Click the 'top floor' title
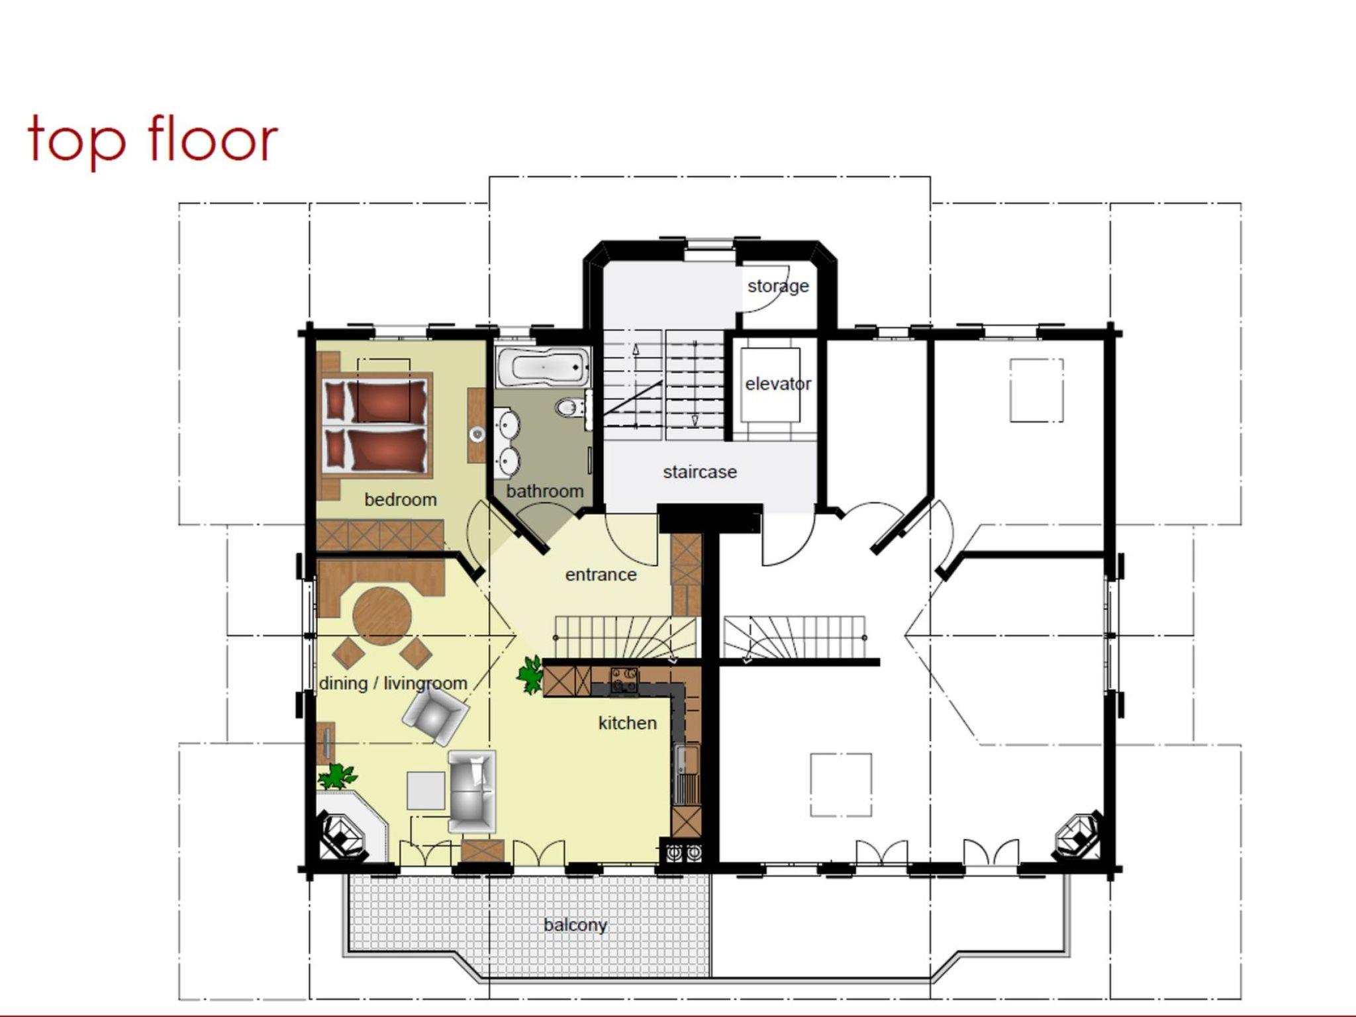click(x=152, y=141)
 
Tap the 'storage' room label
click(x=778, y=287)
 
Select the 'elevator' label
click(x=778, y=384)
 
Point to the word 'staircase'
click(x=700, y=472)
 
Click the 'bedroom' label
click(x=401, y=500)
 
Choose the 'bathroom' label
click(x=545, y=491)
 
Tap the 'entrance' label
click(x=601, y=575)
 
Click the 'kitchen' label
click(x=627, y=723)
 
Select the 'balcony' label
click(x=575, y=925)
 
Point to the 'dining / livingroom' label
click(x=393, y=683)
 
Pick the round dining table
click(x=382, y=616)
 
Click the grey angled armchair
click(x=435, y=715)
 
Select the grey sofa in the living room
click(x=472, y=792)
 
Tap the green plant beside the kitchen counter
click(x=531, y=674)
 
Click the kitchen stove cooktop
click(x=624, y=681)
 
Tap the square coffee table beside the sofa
click(x=426, y=791)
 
